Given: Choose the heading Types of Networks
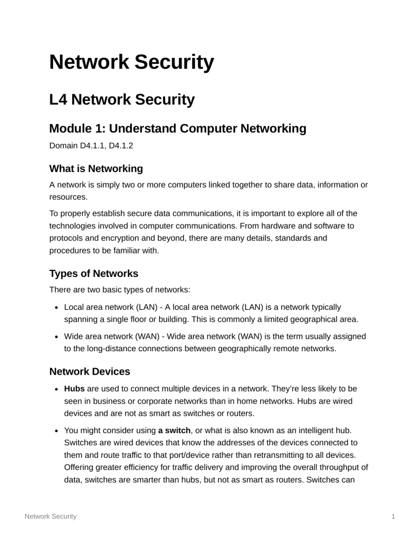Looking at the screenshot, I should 94,273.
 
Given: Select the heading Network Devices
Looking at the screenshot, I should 90,371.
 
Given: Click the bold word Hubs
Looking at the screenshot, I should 74,388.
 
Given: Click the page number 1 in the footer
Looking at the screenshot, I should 393,516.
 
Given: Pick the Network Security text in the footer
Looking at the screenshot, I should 51,516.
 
